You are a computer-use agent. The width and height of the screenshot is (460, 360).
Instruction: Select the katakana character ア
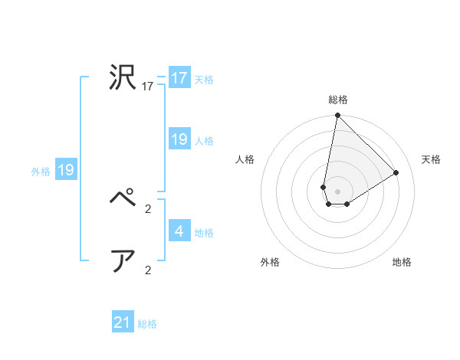click(123, 261)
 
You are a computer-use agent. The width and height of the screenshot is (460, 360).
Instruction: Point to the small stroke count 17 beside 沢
click(148, 87)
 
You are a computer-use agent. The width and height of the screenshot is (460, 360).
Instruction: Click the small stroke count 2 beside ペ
click(148, 208)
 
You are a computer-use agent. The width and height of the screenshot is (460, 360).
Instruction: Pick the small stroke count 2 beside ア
click(148, 270)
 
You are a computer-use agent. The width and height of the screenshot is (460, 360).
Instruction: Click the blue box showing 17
click(179, 78)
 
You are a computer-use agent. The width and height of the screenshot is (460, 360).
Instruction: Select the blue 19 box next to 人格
click(179, 139)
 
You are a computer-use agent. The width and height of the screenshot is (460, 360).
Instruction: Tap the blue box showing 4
click(179, 231)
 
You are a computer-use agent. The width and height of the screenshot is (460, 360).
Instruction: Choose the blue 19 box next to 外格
click(65, 170)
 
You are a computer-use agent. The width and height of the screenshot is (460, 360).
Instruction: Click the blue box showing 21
click(123, 322)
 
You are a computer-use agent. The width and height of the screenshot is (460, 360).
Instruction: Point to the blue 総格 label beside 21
click(147, 324)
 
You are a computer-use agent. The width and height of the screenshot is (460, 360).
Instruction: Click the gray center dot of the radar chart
click(337, 191)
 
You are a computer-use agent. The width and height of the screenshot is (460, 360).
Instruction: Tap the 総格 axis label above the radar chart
click(337, 100)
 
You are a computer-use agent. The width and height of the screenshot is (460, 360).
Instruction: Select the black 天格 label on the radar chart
click(431, 159)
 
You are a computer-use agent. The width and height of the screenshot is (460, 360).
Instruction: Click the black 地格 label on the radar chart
click(402, 262)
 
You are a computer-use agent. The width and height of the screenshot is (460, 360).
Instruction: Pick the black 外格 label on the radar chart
click(270, 262)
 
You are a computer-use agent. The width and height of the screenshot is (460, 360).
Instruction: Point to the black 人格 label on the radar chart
click(245, 159)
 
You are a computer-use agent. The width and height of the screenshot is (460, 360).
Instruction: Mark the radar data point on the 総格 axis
click(337, 116)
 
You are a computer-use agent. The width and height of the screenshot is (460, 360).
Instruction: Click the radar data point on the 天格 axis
click(396, 172)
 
